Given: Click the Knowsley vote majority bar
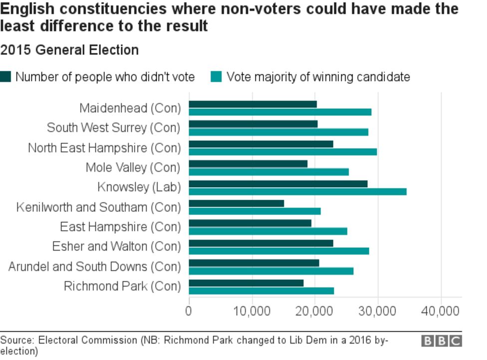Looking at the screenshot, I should (297, 192).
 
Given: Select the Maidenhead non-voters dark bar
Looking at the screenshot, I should (252, 104).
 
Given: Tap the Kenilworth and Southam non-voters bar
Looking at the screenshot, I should (236, 203).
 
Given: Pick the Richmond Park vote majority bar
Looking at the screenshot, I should (261, 291).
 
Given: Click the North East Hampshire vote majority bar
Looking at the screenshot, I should (282, 152).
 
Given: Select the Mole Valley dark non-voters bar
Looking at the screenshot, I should (248, 164).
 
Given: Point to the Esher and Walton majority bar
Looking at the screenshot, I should (278, 251).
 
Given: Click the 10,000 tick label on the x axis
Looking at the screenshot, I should (252, 311).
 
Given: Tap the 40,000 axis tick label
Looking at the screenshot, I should (441, 311).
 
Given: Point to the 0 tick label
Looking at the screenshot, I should (189, 311).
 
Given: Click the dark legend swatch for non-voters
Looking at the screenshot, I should (5, 77).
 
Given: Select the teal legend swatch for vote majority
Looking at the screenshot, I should (217, 77).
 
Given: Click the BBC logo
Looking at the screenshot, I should (441, 341).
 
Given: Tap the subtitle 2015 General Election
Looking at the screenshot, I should (69, 50).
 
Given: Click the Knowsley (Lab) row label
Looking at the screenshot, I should (139, 187).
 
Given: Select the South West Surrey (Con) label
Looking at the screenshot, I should (113, 128).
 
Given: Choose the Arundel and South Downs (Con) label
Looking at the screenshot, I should (94, 267).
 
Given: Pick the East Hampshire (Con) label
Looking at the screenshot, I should (120, 227).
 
